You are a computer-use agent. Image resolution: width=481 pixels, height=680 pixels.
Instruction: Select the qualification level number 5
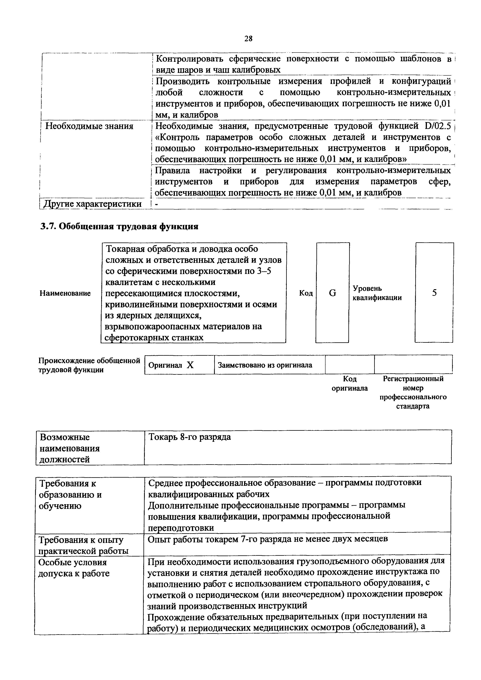tap(434, 293)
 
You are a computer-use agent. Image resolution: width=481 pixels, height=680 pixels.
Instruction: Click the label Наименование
tap(65, 293)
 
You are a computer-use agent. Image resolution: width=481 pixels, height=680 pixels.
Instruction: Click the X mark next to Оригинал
tap(190, 365)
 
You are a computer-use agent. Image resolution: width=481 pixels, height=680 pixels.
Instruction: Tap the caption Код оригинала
tap(350, 384)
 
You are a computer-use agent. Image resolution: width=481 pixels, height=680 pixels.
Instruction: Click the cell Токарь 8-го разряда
tap(190, 437)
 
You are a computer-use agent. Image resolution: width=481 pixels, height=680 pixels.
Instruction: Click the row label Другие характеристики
tap(92, 204)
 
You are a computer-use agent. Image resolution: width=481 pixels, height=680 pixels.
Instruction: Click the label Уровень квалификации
tap(377, 293)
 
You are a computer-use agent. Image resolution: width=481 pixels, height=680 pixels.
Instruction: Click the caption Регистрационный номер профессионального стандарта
tap(413, 392)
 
